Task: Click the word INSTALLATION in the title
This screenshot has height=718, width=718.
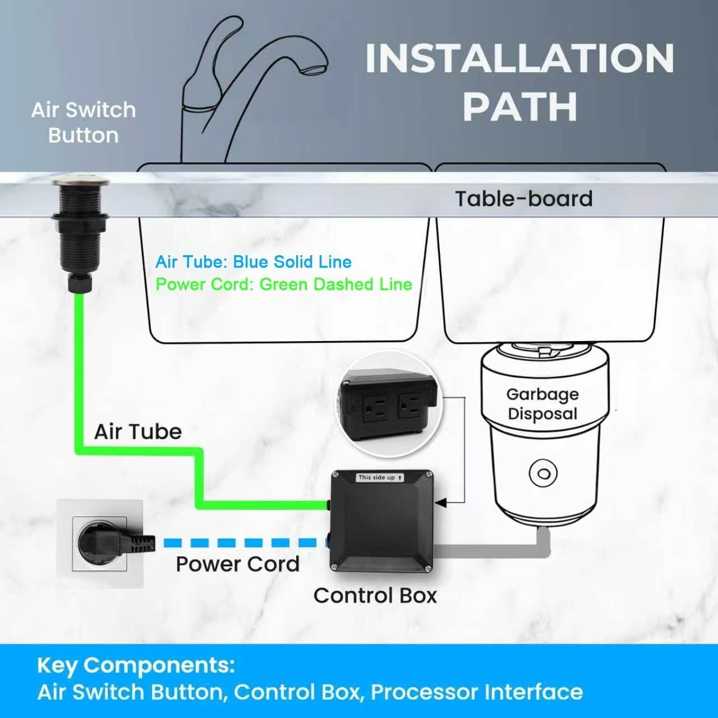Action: [x=520, y=58]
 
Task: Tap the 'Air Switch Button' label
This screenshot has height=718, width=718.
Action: [x=84, y=123]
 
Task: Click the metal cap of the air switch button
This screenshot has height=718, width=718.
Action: [x=81, y=182]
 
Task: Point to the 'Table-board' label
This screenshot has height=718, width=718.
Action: [x=523, y=199]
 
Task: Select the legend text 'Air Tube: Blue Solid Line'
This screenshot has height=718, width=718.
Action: [x=254, y=262]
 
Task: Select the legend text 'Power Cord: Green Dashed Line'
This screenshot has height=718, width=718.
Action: [x=284, y=284]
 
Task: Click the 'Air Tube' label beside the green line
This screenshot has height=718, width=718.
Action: [x=138, y=432]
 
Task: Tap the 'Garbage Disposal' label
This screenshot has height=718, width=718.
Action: [x=542, y=404]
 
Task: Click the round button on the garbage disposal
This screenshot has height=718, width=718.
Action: [x=543, y=473]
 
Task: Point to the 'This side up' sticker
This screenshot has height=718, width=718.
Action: [x=380, y=478]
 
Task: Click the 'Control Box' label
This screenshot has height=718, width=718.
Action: [x=375, y=595]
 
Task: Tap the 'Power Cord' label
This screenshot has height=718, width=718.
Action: [x=238, y=564]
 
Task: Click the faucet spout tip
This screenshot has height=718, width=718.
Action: [x=314, y=70]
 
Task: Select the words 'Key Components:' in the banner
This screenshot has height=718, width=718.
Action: [x=136, y=665]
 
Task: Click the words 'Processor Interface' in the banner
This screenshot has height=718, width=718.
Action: [x=477, y=693]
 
